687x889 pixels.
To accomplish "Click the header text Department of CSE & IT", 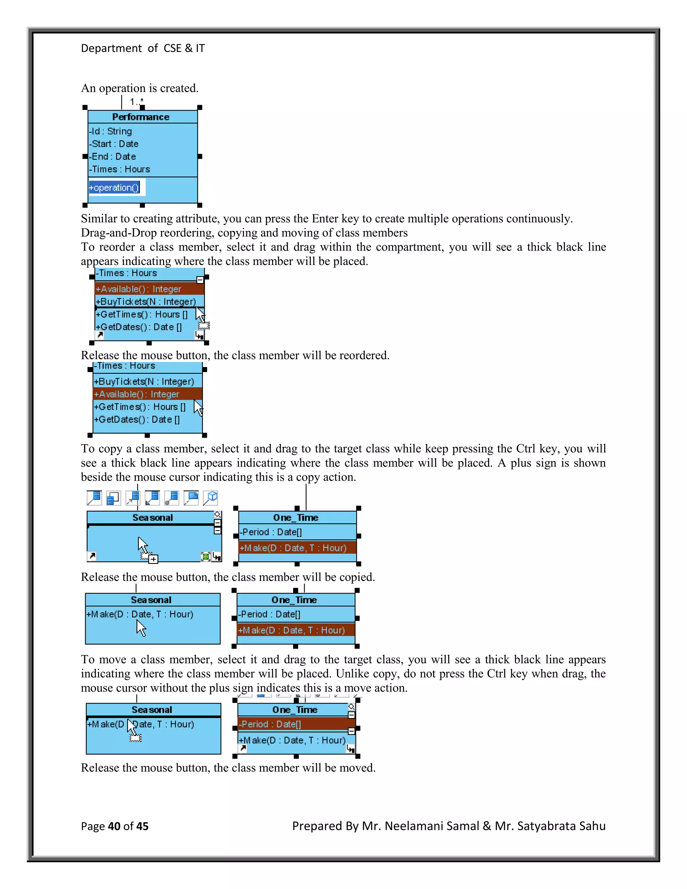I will click(143, 48).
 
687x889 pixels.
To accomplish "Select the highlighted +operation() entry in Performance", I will click(114, 188).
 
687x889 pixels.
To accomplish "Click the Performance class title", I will click(141, 117).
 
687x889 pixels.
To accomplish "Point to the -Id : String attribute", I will click(111, 132).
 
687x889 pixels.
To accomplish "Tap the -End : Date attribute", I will click(113, 157).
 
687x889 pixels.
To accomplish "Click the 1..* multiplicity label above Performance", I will click(136, 101).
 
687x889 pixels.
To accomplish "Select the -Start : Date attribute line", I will click(114, 144).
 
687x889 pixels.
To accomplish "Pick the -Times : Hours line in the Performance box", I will click(120, 169).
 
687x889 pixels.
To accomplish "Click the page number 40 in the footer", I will click(114, 826).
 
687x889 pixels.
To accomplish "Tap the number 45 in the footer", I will click(142, 826).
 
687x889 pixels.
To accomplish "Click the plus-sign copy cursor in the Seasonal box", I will click(153, 559).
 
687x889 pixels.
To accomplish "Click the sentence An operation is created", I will click(140, 88).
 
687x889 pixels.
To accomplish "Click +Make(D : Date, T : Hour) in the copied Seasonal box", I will click(140, 614).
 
